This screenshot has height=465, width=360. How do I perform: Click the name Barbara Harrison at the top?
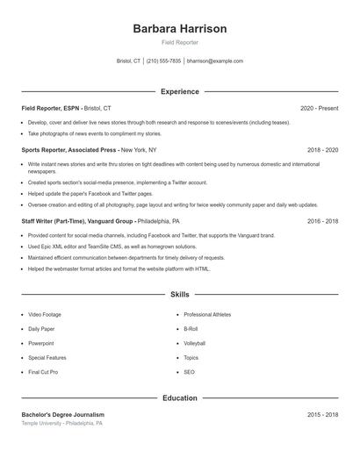179,28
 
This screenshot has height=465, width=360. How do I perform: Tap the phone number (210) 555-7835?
163,61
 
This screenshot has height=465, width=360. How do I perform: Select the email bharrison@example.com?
215,61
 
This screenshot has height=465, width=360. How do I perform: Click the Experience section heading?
179,91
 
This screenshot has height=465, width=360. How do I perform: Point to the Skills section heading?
179,295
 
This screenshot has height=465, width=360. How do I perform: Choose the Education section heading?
179,398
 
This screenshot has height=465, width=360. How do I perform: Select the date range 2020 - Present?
319,108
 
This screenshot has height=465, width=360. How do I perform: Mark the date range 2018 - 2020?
322,150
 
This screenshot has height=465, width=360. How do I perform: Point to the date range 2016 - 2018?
322,222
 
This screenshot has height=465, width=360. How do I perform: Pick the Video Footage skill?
45,314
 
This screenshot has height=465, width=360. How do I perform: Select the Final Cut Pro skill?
43,372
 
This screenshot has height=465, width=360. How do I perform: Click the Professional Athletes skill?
207,314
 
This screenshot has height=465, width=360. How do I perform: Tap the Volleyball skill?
194,343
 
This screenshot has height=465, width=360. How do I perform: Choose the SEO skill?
189,372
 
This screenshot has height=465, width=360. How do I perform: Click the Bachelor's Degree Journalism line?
62,414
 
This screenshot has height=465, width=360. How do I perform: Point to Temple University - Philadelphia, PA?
61,423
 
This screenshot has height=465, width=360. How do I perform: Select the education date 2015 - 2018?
322,414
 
